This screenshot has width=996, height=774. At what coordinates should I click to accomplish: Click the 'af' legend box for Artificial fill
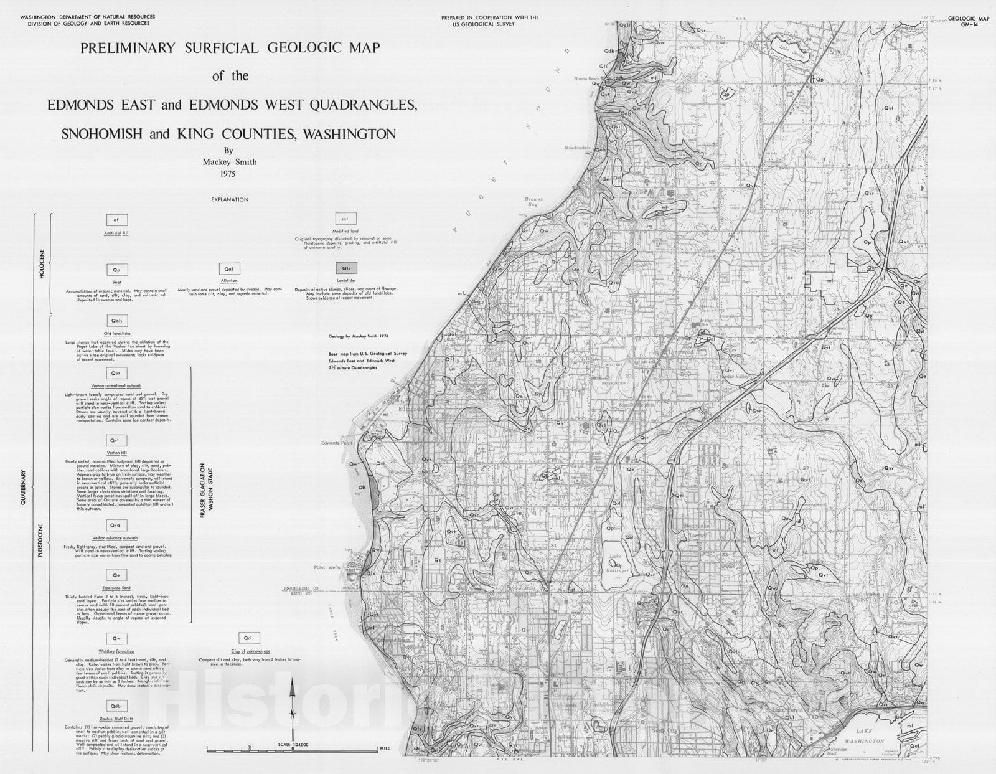pyautogui.click(x=116, y=220)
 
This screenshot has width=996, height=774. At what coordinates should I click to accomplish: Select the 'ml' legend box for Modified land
pyautogui.click(x=345, y=219)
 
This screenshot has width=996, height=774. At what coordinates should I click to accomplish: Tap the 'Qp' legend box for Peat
pyautogui.click(x=116, y=270)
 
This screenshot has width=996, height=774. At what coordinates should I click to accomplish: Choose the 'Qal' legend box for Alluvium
pyautogui.click(x=229, y=269)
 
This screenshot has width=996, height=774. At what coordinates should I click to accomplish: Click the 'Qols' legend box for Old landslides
pyautogui.click(x=116, y=321)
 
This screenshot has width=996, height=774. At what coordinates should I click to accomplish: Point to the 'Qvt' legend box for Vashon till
pyautogui.click(x=116, y=440)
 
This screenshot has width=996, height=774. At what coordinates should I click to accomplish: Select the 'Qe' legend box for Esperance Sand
pyautogui.click(x=116, y=576)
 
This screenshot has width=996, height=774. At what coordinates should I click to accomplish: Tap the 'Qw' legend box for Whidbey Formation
pyautogui.click(x=116, y=639)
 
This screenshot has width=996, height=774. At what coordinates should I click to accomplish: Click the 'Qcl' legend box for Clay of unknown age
pyautogui.click(x=248, y=638)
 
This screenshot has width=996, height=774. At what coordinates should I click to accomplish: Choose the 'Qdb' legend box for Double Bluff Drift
pyautogui.click(x=116, y=706)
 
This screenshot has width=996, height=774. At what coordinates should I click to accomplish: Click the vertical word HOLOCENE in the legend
pyautogui.click(x=42, y=265)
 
